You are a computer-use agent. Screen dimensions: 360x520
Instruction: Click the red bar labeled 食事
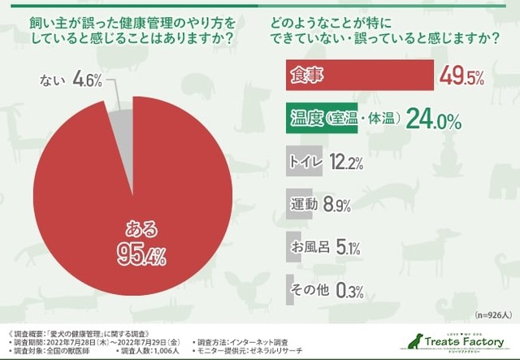click(357, 77)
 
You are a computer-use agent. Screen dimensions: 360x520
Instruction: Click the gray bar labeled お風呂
click(295, 245)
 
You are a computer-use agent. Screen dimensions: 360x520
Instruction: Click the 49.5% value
click(461, 77)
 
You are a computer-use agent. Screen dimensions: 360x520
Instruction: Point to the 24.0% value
click(435, 120)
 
